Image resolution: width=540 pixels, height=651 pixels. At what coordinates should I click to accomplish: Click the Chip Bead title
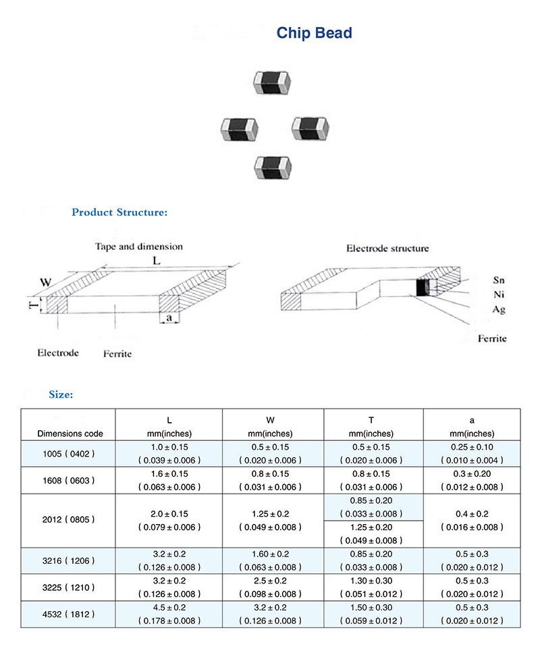[314, 32]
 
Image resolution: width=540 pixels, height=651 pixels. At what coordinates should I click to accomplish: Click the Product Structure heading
[119, 212]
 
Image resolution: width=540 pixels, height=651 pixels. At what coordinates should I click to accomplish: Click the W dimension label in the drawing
[45, 282]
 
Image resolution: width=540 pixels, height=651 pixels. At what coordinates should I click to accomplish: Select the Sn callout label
[499, 280]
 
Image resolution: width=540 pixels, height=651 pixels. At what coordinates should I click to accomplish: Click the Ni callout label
[499, 294]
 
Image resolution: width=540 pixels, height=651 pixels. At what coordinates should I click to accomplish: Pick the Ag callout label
[499, 309]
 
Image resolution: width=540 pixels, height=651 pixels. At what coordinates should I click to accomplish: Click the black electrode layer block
[422, 288]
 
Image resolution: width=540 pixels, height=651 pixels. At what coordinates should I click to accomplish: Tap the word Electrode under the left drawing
[58, 353]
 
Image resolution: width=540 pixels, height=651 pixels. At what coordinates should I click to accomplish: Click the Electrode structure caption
[387, 249]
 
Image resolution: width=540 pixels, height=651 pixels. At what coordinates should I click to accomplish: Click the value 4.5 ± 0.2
[169, 607]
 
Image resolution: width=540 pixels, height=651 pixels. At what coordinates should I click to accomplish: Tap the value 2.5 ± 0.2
[273, 580]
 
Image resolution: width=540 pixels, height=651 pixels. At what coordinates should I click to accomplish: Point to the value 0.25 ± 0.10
[472, 447]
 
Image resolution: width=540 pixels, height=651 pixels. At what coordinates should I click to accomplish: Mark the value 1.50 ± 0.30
[373, 607]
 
